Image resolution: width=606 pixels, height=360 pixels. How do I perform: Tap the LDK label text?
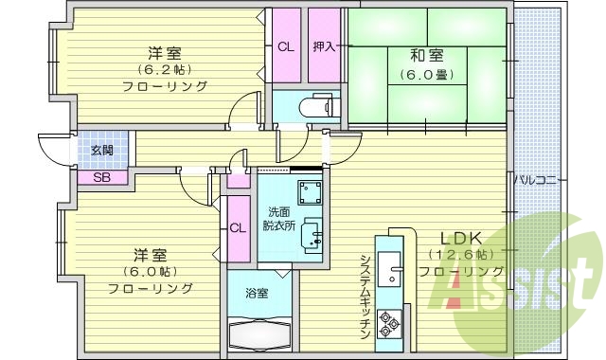pos(458,238)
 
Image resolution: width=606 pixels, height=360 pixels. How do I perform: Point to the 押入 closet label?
pos(325,46)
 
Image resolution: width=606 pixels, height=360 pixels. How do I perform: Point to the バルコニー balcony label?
pos(541,180)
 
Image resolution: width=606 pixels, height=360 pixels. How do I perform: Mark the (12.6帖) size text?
pos(459,255)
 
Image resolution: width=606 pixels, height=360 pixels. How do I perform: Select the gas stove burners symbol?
pos(389,324)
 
